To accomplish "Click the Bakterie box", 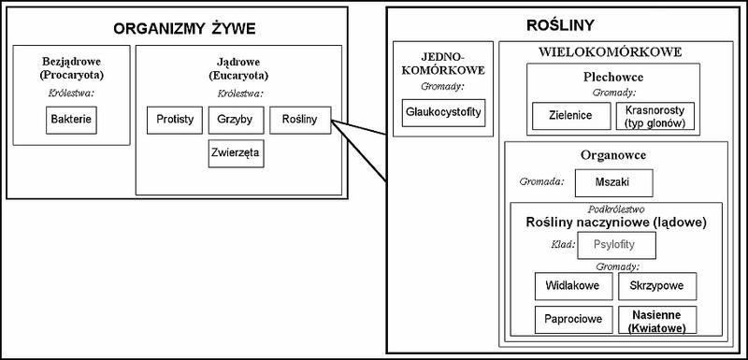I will coord(72,121).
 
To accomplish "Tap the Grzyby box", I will coord(235,121).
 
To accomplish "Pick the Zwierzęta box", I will coord(236,153).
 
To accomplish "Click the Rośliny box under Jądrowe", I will coord(299,121).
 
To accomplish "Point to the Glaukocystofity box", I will coord(441,112).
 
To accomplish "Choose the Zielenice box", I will coord(571,116).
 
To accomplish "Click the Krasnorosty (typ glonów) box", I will coord(654,116).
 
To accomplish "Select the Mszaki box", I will coord(612,182).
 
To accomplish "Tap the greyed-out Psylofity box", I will coord(616,245).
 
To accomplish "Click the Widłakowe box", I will coord(573,284).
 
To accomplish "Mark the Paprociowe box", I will coord(573,319).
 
